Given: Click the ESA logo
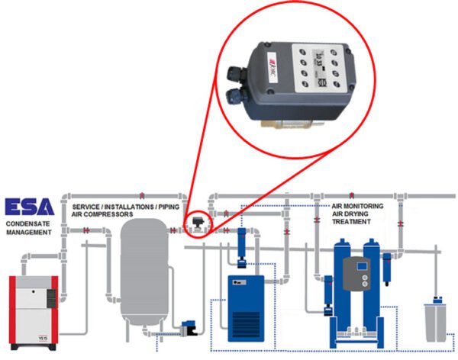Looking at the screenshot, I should pos(29,207).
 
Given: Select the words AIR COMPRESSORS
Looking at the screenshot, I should pos(102,215).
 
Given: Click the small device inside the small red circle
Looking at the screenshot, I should pos(198,221).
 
